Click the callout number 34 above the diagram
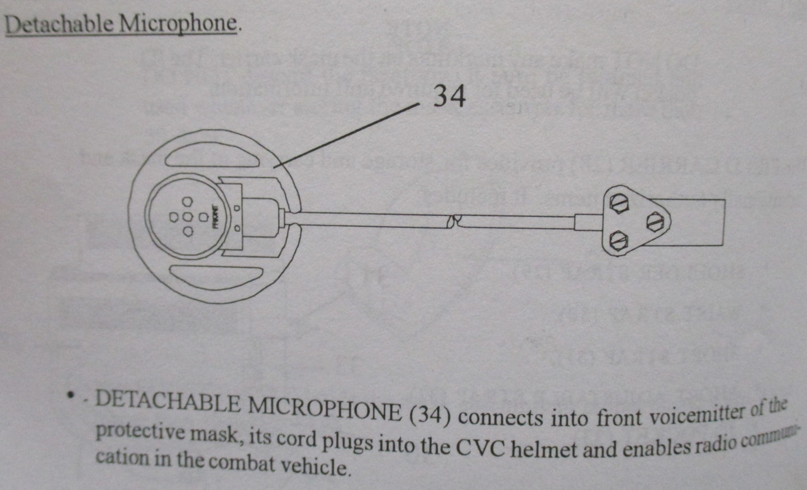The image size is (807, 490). click(450, 96)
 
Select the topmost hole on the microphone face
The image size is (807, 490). click(188, 201)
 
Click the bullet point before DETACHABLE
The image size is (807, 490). click(71, 396)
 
